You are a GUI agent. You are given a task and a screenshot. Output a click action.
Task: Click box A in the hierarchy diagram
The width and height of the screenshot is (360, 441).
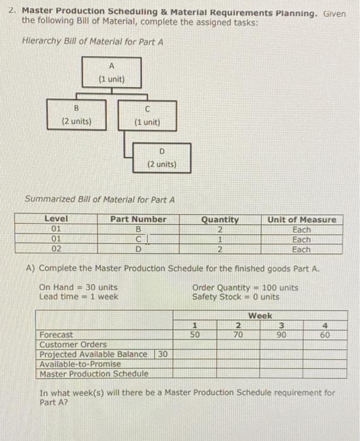click(111, 72)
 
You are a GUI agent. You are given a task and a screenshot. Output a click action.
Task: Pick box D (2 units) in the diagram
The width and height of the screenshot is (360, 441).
click(162, 157)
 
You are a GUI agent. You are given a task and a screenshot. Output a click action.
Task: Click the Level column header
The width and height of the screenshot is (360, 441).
click(57, 219)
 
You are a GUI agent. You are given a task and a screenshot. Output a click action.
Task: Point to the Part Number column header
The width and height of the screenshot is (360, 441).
click(138, 219)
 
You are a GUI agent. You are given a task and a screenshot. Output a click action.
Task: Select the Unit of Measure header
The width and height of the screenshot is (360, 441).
click(301, 219)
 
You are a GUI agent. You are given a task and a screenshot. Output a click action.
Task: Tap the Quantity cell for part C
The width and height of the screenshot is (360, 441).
click(220, 239)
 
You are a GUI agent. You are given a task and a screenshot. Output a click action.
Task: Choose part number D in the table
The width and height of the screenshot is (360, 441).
click(138, 249)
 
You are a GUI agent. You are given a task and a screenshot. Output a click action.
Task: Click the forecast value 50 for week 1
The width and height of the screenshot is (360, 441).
click(195, 335)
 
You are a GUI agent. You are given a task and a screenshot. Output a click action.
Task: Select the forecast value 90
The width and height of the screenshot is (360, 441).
click(281, 335)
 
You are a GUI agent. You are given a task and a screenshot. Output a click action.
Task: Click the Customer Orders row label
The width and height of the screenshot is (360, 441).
click(72, 345)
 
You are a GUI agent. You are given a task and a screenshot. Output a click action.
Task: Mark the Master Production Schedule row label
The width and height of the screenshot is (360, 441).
click(94, 374)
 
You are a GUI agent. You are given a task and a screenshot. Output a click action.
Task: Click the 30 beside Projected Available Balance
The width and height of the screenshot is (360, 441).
click(162, 354)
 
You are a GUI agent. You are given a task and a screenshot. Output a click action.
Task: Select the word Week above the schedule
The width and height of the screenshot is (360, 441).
click(260, 315)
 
